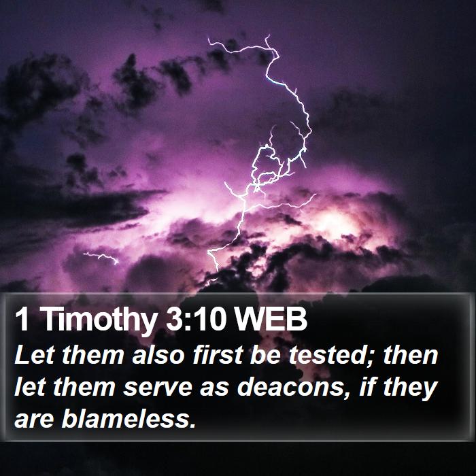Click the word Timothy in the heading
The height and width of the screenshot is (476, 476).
pos(99,320)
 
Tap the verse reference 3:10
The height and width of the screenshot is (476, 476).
pos(197,319)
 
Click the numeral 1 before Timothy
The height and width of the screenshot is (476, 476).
pos(22,319)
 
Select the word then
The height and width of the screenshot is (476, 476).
pos(411,354)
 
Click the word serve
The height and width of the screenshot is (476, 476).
pos(157,388)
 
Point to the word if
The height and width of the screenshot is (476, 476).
pos(367,387)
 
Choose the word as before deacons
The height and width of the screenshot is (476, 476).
pos(214,389)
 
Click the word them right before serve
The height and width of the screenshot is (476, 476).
pos(84,387)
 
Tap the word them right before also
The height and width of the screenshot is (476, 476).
pos(93,354)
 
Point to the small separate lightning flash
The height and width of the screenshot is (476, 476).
pos(101,257)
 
